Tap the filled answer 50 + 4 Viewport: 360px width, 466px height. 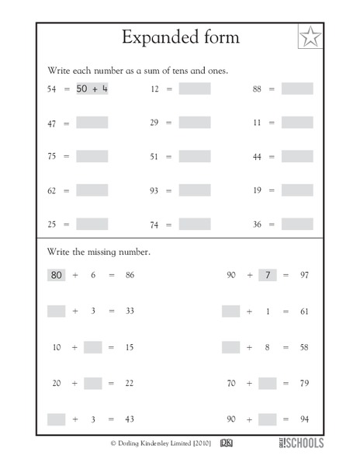click(x=92, y=89)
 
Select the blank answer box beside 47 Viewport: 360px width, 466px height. click(x=92, y=123)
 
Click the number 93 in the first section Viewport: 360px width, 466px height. click(x=154, y=190)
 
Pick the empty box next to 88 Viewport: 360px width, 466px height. click(x=296, y=89)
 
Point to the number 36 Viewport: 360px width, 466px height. click(x=257, y=224)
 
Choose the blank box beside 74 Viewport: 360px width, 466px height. click(x=194, y=224)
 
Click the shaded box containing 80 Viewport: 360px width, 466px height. click(x=56, y=275)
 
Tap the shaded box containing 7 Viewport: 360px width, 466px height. click(x=267, y=275)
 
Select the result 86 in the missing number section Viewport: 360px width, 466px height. click(x=130, y=275)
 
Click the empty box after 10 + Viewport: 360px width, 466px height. click(x=93, y=347)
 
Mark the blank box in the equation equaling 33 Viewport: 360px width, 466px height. click(x=56, y=311)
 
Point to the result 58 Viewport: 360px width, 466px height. click(x=303, y=347)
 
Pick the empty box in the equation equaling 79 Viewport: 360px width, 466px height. click(x=267, y=383)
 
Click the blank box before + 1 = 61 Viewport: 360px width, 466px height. click(x=230, y=311)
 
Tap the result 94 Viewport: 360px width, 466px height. click(x=303, y=419)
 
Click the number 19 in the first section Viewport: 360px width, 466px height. click(x=257, y=190)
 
